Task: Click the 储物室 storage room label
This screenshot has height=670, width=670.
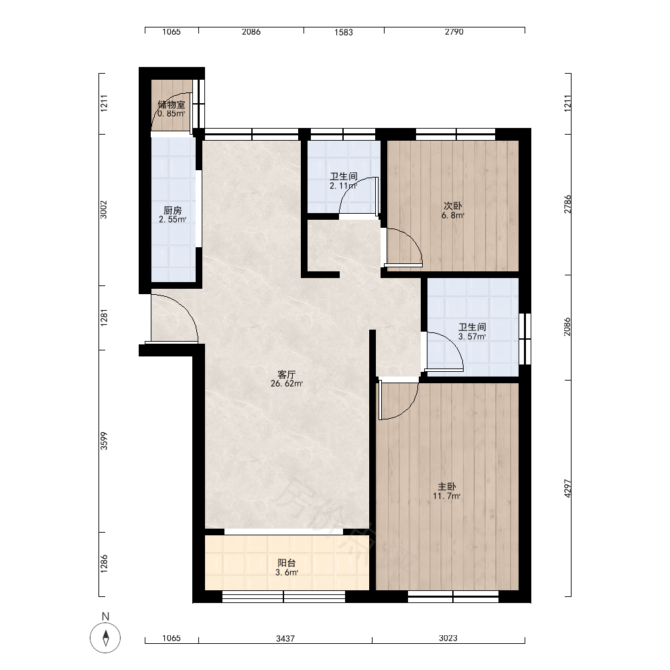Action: (172, 105)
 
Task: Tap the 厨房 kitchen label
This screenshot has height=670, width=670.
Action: (173, 210)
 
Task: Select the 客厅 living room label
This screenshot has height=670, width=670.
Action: (287, 375)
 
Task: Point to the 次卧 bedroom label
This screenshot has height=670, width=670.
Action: (453, 206)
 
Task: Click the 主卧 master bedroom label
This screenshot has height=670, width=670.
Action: (446, 486)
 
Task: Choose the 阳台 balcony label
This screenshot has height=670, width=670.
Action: (287, 563)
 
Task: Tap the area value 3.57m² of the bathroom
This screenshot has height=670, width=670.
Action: (472, 337)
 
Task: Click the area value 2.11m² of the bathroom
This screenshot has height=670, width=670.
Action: (343, 186)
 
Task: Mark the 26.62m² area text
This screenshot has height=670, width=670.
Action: (287, 384)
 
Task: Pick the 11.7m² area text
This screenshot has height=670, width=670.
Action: (446, 496)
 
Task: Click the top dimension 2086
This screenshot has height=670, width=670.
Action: (251, 31)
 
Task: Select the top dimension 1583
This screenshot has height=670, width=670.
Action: (344, 32)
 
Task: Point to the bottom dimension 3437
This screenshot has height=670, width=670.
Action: (285, 639)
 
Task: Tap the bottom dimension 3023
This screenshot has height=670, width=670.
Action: (448, 638)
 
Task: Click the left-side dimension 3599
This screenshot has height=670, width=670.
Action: (104, 441)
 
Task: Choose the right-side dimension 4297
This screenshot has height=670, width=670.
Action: (567, 488)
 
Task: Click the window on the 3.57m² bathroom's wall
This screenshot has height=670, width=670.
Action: (525, 339)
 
